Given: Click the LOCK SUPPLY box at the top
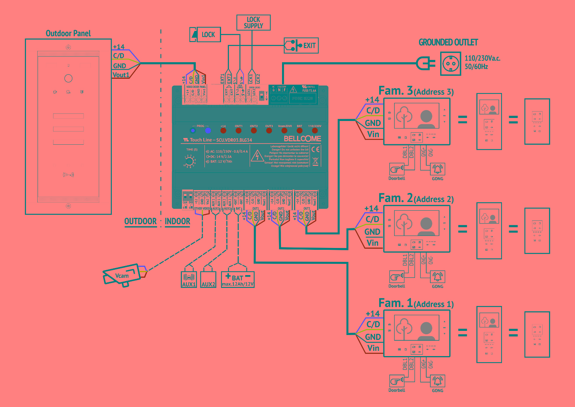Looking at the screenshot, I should tap(253, 23).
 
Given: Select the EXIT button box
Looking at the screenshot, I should tap(301, 46).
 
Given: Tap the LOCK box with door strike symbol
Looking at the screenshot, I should tap(205, 35).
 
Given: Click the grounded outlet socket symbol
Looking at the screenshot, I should tap(450, 64).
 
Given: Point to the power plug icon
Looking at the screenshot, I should tap(426, 63).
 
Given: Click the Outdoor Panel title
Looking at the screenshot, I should tap(68, 34).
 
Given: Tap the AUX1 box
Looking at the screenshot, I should tap(189, 279).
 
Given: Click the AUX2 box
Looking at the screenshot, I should tap(208, 280).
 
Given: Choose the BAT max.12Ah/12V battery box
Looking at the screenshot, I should tap(238, 280).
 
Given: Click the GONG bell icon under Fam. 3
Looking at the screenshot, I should tap(437, 169).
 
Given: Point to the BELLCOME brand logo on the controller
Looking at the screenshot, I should tap(302, 139).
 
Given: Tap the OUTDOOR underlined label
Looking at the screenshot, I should tap(140, 221).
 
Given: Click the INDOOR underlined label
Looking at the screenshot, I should tap(177, 221).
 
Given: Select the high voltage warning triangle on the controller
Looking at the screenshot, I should tap(257, 156).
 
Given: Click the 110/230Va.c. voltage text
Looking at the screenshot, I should tap(482, 58).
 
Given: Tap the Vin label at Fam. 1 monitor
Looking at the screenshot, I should tap(373, 348).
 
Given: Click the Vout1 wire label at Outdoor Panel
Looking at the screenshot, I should tap(121, 75).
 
